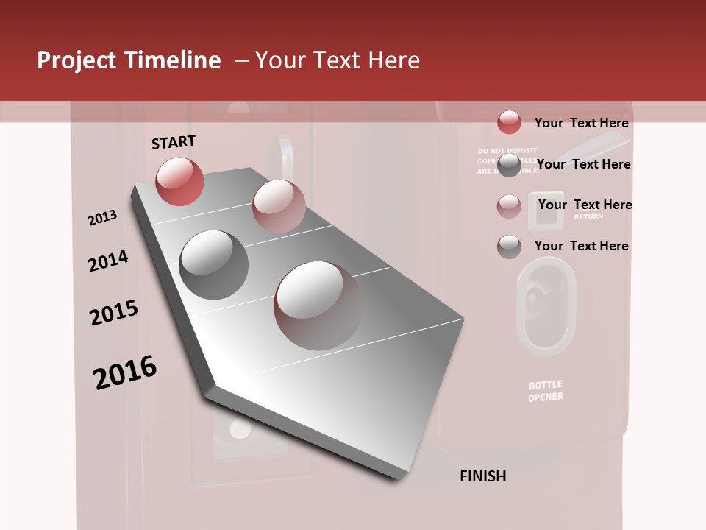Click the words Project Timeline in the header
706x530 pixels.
pyautogui.click(x=129, y=60)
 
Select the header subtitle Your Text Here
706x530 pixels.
pyautogui.click(x=338, y=60)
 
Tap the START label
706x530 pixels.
pyautogui.click(x=174, y=142)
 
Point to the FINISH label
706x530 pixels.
pyautogui.click(x=483, y=476)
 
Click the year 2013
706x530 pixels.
pyautogui.click(x=102, y=218)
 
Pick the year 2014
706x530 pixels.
pyautogui.click(x=108, y=261)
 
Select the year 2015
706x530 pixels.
pyautogui.click(x=114, y=313)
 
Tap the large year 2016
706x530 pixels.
pyautogui.click(x=125, y=372)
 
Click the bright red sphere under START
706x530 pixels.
pyautogui.click(x=179, y=181)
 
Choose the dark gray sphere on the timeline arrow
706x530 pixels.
pyautogui.click(x=214, y=264)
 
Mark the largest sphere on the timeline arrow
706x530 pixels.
pyautogui.click(x=318, y=305)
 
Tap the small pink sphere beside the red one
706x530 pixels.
pyautogui.click(x=279, y=206)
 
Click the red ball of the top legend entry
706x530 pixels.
pyautogui.click(x=509, y=122)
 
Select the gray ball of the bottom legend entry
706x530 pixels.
pyautogui.click(x=509, y=247)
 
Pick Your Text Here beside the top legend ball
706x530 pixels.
pyautogui.click(x=581, y=123)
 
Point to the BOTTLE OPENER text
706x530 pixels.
pyautogui.click(x=546, y=391)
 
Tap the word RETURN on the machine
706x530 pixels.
pyautogui.click(x=588, y=216)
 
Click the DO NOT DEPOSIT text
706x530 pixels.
pyautogui.click(x=507, y=150)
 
